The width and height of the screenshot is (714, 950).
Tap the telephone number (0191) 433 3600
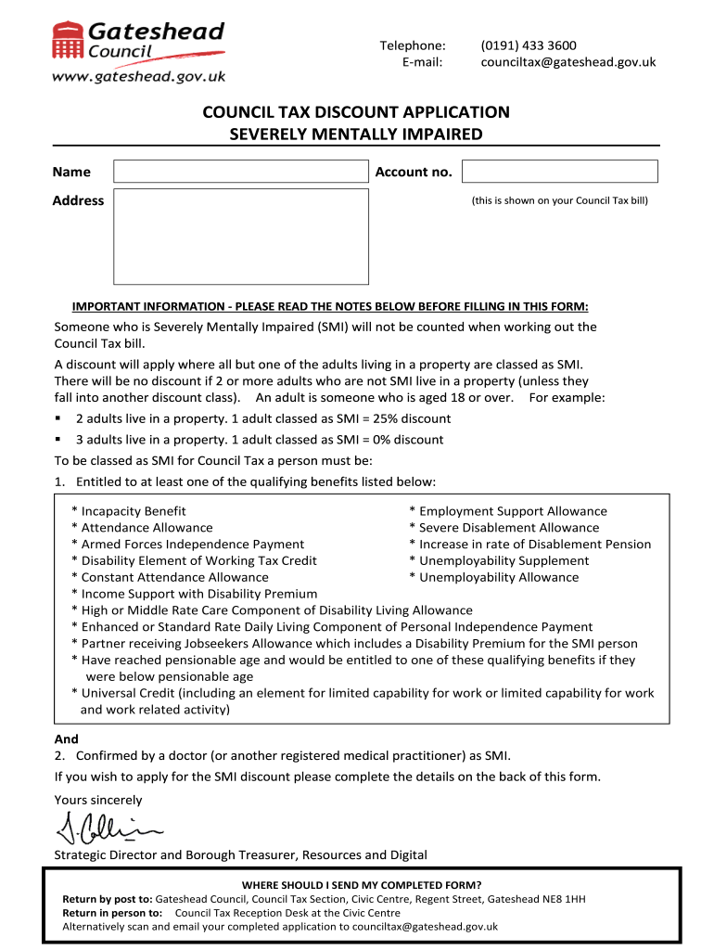[x=528, y=45]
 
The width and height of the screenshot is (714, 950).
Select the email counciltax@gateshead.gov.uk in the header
[x=567, y=62]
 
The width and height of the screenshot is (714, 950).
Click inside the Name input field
[x=240, y=172]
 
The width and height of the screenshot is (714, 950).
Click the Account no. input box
[x=559, y=172]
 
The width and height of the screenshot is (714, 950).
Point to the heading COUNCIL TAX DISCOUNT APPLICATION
[x=356, y=112]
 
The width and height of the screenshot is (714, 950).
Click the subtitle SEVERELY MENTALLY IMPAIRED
[x=356, y=135]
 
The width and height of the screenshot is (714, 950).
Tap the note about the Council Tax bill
[x=559, y=200]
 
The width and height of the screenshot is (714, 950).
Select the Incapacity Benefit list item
[x=133, y=511]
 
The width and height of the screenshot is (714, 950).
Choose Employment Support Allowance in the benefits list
[x=512, y=511]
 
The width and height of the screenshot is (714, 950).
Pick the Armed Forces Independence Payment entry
[x=192, y=545]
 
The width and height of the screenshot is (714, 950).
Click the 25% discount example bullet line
[x=262, y=418]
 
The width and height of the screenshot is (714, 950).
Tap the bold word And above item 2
[x=67, y=739]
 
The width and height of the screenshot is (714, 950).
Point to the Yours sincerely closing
[x=98, y=800]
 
